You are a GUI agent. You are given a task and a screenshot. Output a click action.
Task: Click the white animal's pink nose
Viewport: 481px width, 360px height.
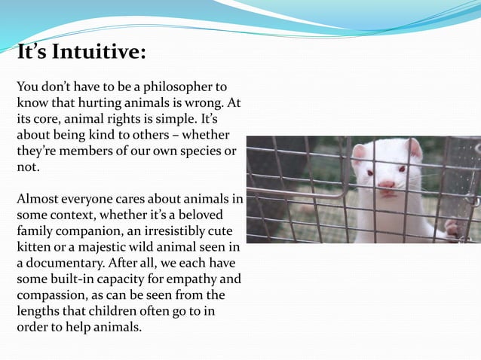pos(386,184)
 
